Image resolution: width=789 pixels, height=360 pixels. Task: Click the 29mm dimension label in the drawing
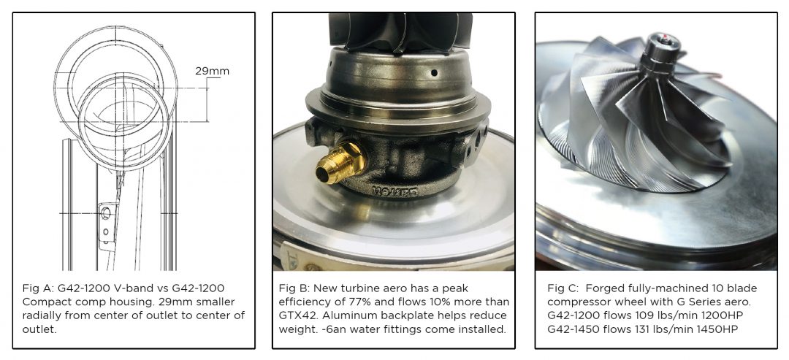[212, 72]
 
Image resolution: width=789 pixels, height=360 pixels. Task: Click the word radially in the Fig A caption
[43, 315]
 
